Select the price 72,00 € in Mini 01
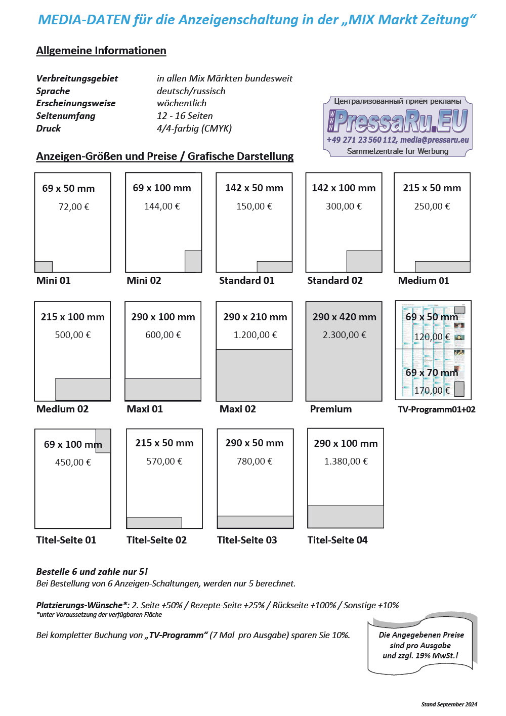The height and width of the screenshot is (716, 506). [73, 206]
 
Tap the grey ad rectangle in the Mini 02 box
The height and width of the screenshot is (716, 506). [193, 261]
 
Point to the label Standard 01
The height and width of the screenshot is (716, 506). [246, 280]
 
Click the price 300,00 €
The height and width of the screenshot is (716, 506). [344, 206]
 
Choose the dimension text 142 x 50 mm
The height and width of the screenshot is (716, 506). [254, 188]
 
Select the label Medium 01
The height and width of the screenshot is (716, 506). [424, 280]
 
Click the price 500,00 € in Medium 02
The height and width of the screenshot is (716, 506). [73, 334]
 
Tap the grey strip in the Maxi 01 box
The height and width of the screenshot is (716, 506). [163, 389]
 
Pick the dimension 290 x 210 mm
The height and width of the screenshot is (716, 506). [255, 317]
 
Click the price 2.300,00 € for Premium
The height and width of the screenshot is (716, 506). [345, 334]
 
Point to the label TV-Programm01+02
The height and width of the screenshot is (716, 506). [437, 409]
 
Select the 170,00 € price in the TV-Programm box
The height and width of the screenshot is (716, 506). [432, 390]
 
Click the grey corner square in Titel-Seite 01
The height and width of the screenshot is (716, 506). [103, 440]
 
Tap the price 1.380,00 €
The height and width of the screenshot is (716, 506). [346, 461]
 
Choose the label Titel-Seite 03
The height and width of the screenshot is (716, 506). [247, 540]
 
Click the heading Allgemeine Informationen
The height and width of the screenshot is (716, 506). [101, 51]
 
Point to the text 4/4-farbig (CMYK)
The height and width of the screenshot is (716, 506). [194, 128]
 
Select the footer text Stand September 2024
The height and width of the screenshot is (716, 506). [449, 704]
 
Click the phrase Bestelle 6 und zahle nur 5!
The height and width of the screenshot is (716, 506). [92, 571]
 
